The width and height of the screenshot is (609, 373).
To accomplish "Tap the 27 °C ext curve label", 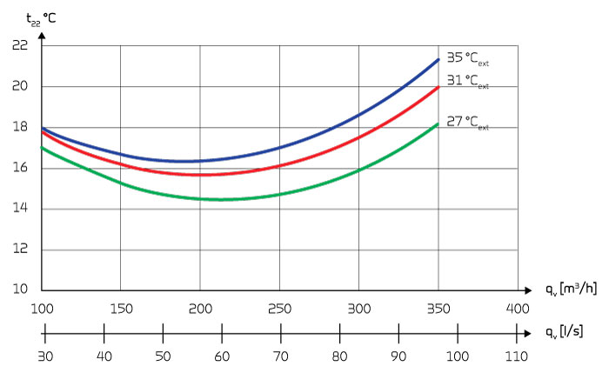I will click(x=467, y=123).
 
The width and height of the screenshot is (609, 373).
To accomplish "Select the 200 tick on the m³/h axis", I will click(x=200, y=309).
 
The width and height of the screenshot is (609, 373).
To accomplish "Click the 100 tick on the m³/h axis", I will click(x=42, y=309).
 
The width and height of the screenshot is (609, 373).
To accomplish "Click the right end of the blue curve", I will click(x=438, y=59).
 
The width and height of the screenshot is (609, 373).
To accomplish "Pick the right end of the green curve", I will click(x=438, y=124).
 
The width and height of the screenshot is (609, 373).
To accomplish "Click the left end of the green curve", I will click(x=42, y=148).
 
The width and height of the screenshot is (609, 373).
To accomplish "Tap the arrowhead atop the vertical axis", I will click(x=42, y=34).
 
